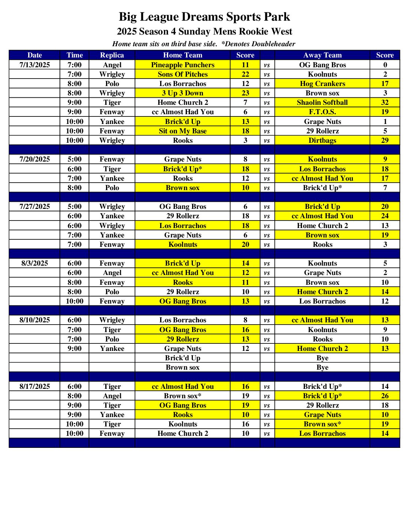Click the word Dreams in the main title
[x=202, y=17]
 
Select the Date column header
[x=35, y=55]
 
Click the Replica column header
[x=112, y=55]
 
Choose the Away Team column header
[x=322, y=55]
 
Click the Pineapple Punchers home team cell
[x=183, y=65]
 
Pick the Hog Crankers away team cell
[x=322, y=84]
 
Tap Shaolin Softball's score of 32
[x=385, y=103]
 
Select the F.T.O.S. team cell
[x=322, y=112]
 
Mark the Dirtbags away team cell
[x=322, y=141]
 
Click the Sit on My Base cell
[x=183, y=131]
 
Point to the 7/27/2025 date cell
[x=35, y=207]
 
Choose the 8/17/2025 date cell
[x=35, y=387]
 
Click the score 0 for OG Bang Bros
[x=385, y=65]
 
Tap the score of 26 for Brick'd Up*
[x=385, y=396]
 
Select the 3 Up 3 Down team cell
[x=183, y=93]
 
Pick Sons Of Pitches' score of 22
[x=245, y=74]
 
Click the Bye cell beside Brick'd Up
[x=322, y=358]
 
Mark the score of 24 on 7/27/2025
[x=385, y=216]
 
